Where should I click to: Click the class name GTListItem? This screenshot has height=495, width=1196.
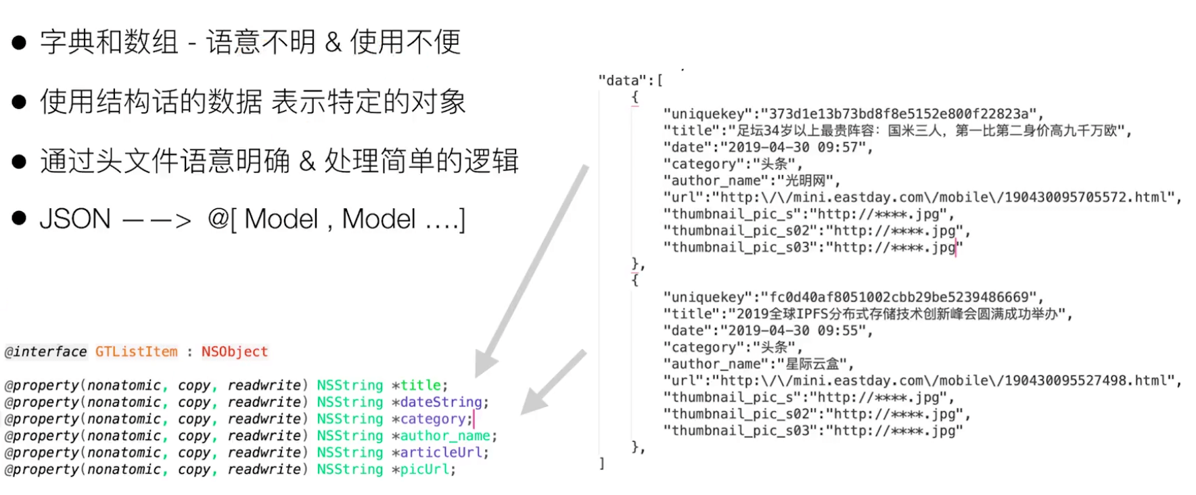[x=136, y=352]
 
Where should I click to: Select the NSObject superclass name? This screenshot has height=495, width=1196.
[x=235, y=352]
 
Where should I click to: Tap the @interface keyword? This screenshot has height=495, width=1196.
[x=45, y=352]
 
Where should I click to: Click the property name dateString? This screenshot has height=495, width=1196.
[x=441, y=402]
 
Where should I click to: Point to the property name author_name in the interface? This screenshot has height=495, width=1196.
[x=445, y=436]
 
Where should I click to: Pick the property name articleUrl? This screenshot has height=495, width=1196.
[x=441, y=453]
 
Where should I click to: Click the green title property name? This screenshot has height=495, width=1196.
[x=420, y=385]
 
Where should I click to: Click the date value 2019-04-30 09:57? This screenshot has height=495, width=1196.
[x=796, y=147]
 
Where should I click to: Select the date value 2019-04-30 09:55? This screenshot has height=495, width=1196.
[x=796, y=331]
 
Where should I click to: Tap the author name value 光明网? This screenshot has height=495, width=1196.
[x=806, y=181]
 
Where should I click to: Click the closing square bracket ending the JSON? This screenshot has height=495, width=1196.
[x=601, y=463]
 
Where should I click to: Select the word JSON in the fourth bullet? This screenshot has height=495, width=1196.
[x=75, y=219]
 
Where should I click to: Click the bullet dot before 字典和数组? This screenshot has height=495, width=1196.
[x=19, y=43]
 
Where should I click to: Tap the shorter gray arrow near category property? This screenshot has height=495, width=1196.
[x=553, y=383]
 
